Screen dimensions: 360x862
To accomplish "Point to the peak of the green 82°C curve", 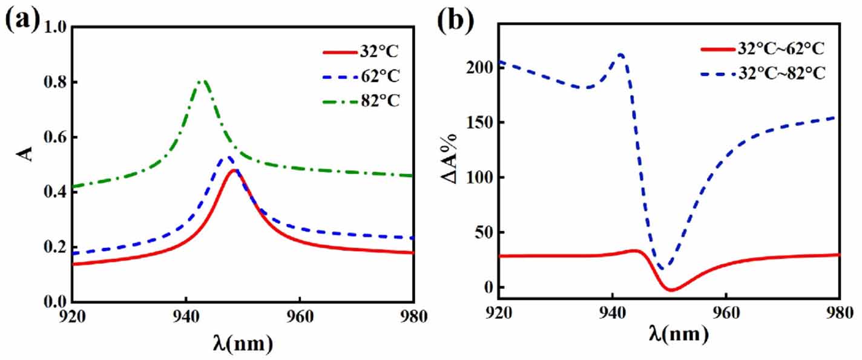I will (203, 80).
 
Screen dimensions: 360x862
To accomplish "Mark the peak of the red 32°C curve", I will (234, 170).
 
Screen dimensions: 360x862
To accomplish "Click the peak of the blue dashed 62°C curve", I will (227, 158).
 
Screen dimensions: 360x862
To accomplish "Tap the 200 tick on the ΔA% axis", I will (477, 67).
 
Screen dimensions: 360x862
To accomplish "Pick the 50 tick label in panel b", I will (481, 232).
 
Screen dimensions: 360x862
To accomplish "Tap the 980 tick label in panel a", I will (413, 316).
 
